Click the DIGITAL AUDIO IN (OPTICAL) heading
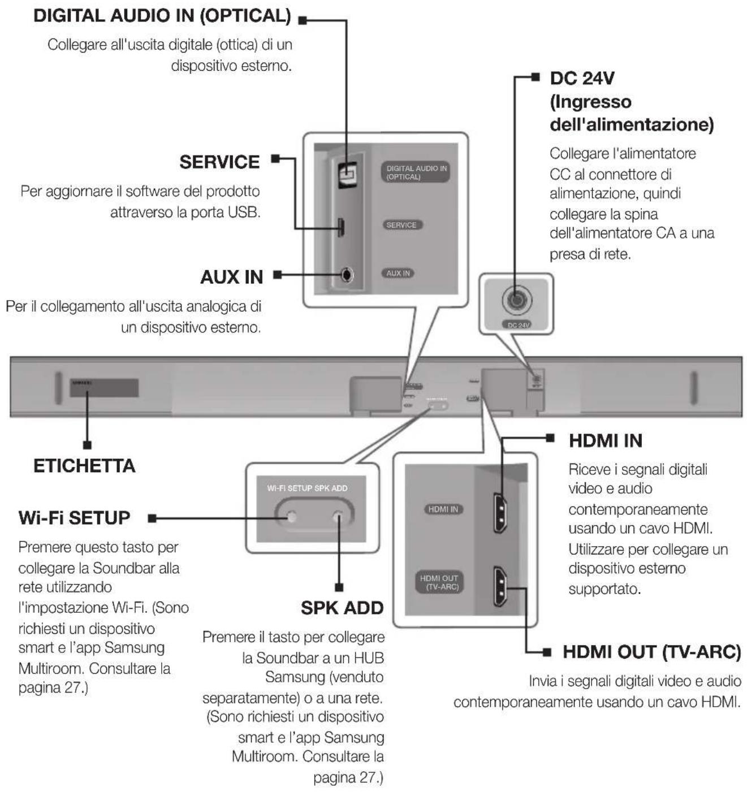pyautogui.click(x=162, y=16)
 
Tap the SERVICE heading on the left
pyautogui.click(x=219, y=162)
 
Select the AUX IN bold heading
pyautogui.click(x=231, y=277)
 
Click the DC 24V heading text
pyautogui.click(x=582, y=78)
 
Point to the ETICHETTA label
pyautogui.click(x=84, y=466)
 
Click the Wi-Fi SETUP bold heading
pyautogui.click(x=74, y=518)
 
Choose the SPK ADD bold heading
pyautogui.click(x=342, y=608)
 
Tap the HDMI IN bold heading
pyautogui.click(x=605, y=440)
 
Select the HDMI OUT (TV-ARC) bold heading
pyautogui.click(x=651, y=652)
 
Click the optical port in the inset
pyautogui.click(x=346, y=174)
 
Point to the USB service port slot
pyautogui.click(x=342, y=227)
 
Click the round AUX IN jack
pyautogui.click(x=347, y=275)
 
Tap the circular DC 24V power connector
pyautogui.click(x=516, y=299)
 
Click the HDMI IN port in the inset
pyautogui.click(x=500, y=513)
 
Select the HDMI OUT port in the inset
pyautogui.click(x=500, y=586)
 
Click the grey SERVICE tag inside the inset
pyautogui.click(x=401, y=225)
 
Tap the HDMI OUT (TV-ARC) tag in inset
pyautogui.click(x=439, y=582)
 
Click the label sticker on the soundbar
pyautogui.click(x=104, y=388)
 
